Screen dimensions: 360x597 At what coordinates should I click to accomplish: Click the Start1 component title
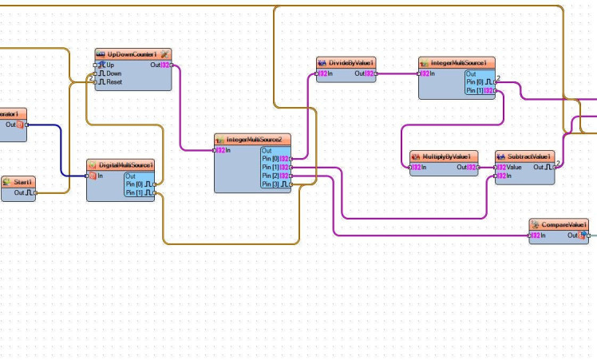click(22, 182)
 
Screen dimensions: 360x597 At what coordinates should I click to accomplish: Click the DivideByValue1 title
click(346, 62)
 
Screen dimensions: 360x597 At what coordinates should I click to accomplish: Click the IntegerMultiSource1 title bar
click(457, 62)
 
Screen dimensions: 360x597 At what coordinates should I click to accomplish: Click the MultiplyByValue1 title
click(443, 156)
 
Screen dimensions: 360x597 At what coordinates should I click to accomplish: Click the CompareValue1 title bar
click(559, 225)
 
